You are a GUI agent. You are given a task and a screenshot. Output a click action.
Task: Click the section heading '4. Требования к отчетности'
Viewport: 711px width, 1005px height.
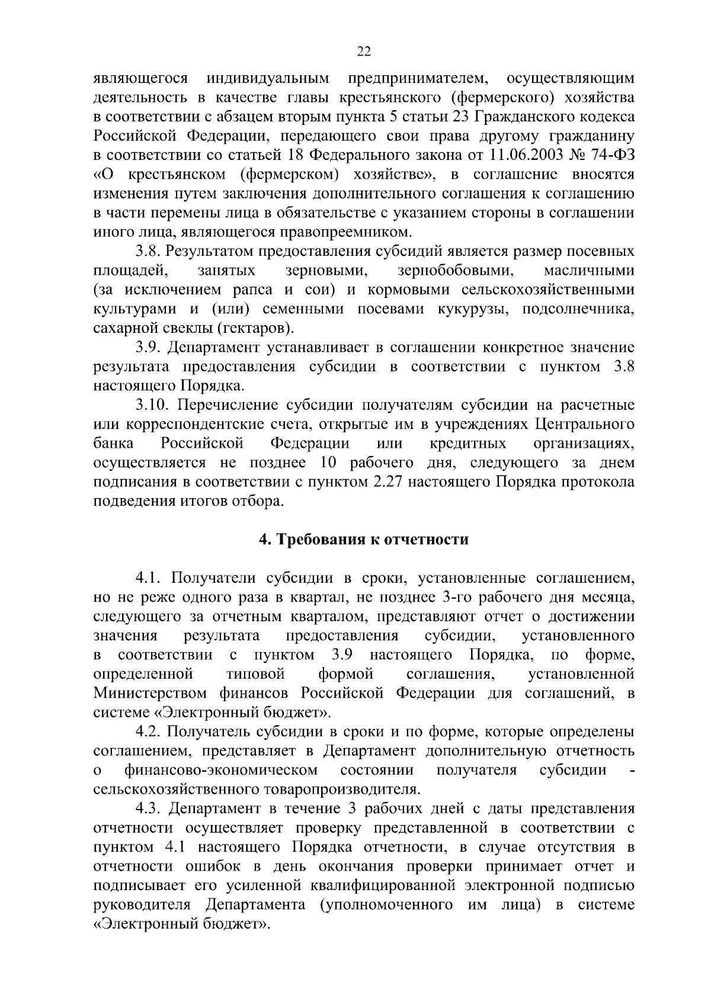tap(364, 540)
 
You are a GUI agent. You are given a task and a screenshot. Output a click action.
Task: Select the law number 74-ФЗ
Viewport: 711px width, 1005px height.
tap(614, 155)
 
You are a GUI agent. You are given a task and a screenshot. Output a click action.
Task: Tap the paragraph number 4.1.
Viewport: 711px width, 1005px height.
tap(148, 578)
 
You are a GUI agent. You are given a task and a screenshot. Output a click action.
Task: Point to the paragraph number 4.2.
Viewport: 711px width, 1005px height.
tap(148, 732)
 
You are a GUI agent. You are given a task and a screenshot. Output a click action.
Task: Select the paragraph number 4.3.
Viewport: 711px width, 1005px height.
tap(148, 809)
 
